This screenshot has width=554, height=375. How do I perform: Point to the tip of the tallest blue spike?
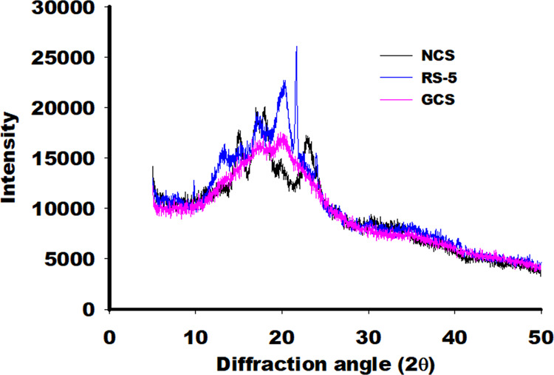click(x=296, y=47)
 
